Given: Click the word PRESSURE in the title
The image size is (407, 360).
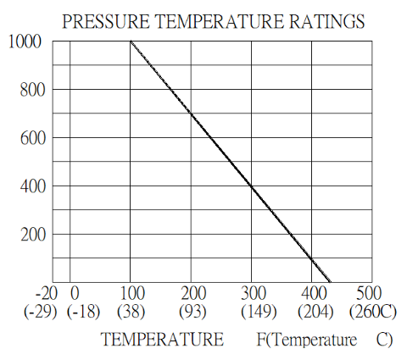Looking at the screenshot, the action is pos(106,21).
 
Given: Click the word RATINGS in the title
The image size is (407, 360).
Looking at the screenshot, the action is pos(326,21).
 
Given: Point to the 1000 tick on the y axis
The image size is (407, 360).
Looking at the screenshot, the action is pos(25,42).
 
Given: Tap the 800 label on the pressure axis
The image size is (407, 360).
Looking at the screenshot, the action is pos(33,90).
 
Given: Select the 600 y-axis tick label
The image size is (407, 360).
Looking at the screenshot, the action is pos(33,138).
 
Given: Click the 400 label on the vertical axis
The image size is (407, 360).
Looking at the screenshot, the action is pos(33,186).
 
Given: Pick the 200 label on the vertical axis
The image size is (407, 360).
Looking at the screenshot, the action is pos(33,235).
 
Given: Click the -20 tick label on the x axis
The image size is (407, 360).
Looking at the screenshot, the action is pos(47,293).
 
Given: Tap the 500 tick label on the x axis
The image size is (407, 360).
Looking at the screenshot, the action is pos(369,293).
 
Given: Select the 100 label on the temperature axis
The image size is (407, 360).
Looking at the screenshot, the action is pos(133,293).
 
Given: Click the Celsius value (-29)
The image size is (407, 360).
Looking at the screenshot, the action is pos(41,312).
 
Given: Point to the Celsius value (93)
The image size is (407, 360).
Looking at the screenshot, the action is pos(192,312).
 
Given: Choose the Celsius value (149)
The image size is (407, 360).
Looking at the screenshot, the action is pos(259,312).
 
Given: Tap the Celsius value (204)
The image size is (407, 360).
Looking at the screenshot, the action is pos(315,312).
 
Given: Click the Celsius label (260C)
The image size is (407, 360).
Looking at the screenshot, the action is pos(373,312).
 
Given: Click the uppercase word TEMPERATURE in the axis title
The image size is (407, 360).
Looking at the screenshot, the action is pos(163,339).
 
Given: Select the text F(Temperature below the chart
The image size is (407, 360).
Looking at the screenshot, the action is pos(307,340).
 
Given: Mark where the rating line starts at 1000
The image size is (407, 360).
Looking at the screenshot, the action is pos(131,42).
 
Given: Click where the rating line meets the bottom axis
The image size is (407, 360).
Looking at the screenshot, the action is pos(330,282).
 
